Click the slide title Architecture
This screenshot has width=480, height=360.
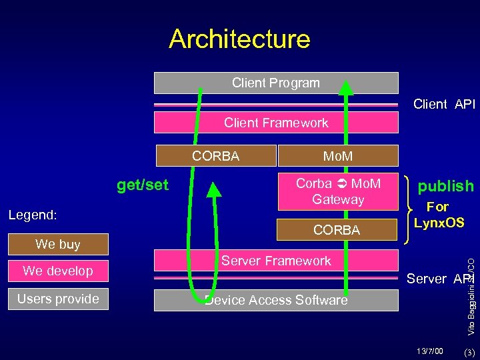[x=239, y=39]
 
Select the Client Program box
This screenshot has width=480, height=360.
[x=275, y=83]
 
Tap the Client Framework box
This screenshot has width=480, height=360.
[x=275, y=123]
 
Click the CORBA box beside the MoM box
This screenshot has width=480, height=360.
[x=215, y=156]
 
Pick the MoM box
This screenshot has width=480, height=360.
[x=337, y=156]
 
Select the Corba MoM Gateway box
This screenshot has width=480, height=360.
[x=338, y=191]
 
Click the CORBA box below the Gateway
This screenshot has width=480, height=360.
[x=337, y=230]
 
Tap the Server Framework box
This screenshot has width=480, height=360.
[x=275, y=261]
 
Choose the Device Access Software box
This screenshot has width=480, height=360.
[x=275, y=300]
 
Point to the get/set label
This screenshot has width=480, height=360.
[x=143, y=184]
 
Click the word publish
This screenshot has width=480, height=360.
[x=445, y=185]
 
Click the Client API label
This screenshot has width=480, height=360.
[x=444, y=104]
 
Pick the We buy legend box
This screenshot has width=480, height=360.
[x=58, y=244]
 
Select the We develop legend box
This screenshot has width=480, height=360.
[x=58, y=271]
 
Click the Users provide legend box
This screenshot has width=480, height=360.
[x=58, y=299]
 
